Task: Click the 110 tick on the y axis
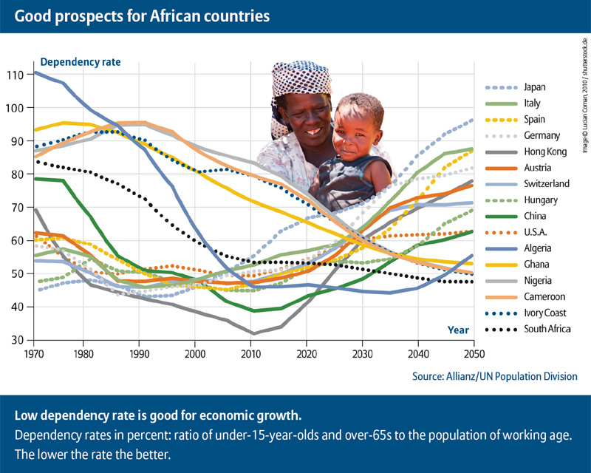[x=16, y=75]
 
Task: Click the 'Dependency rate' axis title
[x=81, y=62]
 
